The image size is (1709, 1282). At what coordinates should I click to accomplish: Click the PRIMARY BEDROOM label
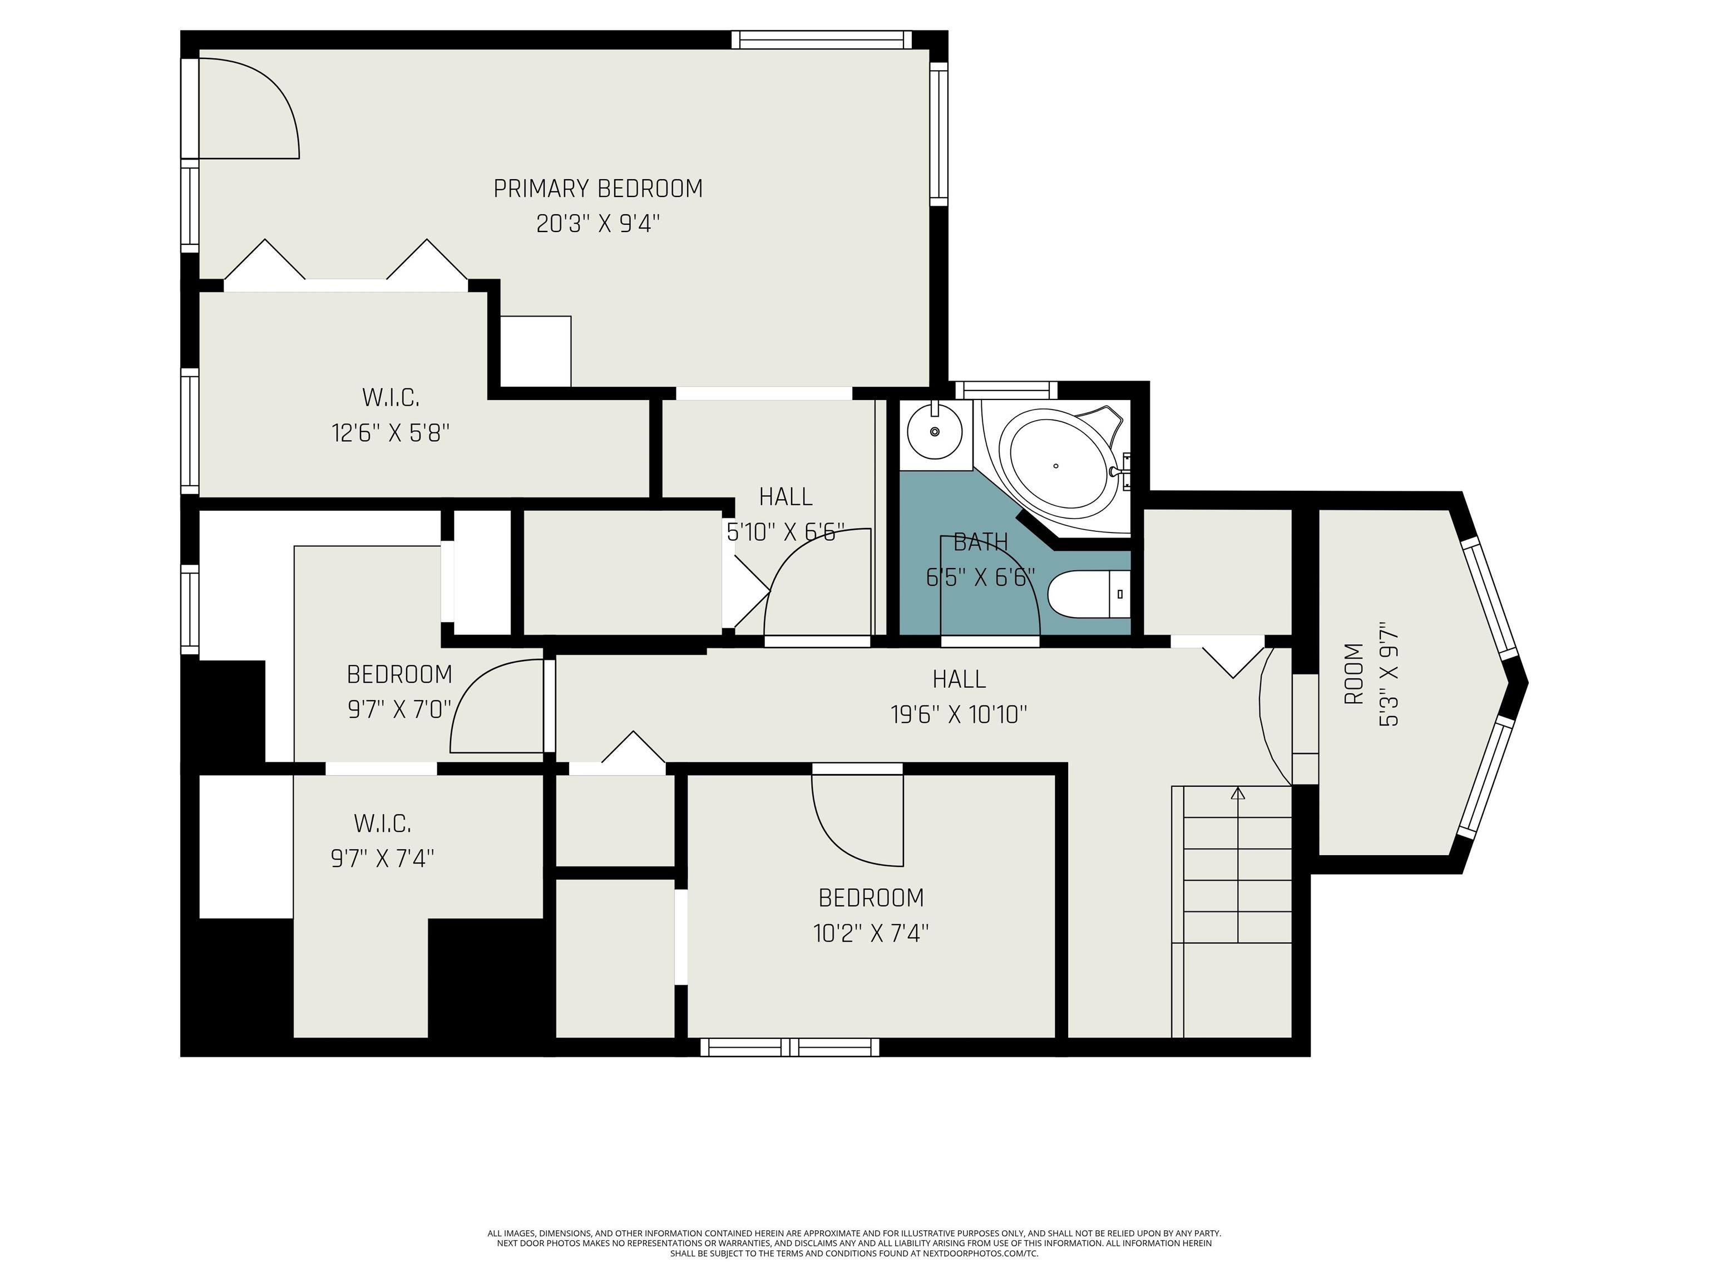598,189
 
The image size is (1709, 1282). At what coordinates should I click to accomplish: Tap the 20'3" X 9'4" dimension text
598,224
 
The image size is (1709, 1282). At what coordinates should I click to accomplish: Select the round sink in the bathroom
934,431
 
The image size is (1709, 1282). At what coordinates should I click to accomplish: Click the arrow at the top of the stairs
1238,792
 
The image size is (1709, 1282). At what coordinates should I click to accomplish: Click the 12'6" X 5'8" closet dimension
390,433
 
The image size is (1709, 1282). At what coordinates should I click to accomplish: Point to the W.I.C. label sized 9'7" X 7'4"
382,824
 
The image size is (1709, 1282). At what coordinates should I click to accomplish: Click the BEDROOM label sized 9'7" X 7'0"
399,674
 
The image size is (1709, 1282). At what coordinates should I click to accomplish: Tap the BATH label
980,543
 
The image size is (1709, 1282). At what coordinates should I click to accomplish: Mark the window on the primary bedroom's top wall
821,40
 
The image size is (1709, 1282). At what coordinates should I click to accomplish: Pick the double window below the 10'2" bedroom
789,1047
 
